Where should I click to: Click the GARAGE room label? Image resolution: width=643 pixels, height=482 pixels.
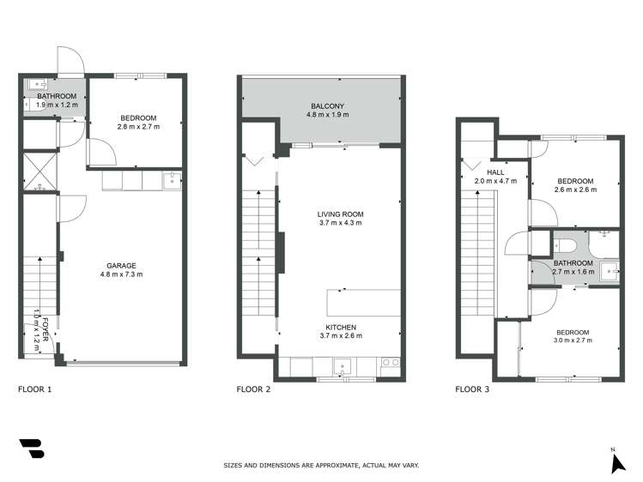121,265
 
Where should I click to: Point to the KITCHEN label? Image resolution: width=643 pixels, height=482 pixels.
341,327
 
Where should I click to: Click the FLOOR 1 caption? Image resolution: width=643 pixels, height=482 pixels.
35,389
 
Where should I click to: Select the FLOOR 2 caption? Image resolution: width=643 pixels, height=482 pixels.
254,389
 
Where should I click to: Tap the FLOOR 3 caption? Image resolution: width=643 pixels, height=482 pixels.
473,389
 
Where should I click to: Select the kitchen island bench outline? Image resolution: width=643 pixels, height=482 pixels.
363,303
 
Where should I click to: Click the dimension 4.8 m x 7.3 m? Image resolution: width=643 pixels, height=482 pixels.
121,274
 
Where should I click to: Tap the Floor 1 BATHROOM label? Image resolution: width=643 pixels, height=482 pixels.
56,96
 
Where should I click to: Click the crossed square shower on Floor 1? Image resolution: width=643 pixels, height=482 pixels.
39,168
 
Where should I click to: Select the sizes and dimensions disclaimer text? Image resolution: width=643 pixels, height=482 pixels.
321,466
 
